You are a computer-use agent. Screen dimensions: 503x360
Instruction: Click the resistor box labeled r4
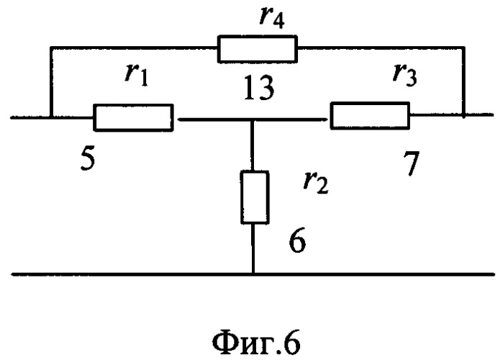pyautogui.click(x=258, y=49)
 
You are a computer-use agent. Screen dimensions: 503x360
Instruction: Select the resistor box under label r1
pyautogui.click(x=133, y=117)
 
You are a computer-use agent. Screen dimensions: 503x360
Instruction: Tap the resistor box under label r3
pyautogui.click(x=370, y=115)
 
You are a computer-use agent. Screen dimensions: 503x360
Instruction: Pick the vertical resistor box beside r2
pyautogui.click(x=255, y=197)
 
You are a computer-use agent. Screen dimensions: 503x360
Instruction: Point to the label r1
pyautogui.click(x=137, y=76)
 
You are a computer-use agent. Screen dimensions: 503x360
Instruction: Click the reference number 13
pyautogui.click(x=258, y=87)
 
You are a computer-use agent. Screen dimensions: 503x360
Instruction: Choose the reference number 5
pyautogui.click(x=88, y=159)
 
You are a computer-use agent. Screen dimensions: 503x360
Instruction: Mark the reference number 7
pyautogui.click(x=412, y=163)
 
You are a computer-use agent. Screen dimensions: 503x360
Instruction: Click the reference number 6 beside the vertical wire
pyautogui.click(x=297, y=240)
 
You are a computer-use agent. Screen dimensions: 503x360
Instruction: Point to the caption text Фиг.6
pyautogui.click(x=256, y=342)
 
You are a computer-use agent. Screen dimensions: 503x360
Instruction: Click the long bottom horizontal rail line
pyautogui.click(x=253, y=274)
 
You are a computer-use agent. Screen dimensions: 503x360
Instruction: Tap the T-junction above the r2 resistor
pyautogui.click(x=253, y=120)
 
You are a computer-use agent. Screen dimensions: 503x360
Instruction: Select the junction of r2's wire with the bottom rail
pyautogui.click(x=253, y=274)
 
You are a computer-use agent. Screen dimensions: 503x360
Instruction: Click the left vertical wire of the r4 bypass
pyautogui.click(x=50, y=82)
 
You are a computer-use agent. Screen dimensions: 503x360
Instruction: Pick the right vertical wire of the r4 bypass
pyautogui.click(x=463, y=82)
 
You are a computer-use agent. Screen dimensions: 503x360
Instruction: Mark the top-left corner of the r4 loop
pyautogui.click(x=50, y=48)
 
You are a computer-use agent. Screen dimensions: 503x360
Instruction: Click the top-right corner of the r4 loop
pyautogui.click(x=463, y=48)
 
